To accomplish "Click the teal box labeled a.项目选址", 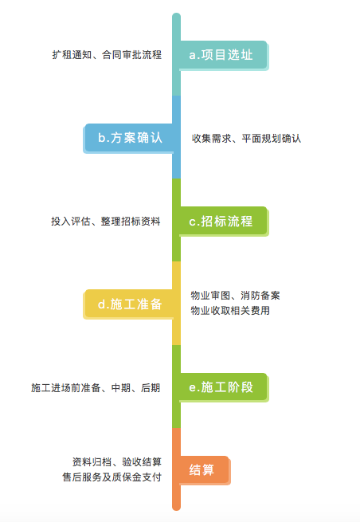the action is click(224, 55).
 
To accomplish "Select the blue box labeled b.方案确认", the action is click(128, 138).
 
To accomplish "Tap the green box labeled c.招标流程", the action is click(224, 222).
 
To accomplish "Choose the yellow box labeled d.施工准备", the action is click(128, 304).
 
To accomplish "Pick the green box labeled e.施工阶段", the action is click(224, 387).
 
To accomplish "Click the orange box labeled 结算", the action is click(205, 470).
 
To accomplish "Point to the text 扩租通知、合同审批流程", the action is click(107, 55).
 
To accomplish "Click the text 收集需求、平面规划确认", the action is click(247, 139).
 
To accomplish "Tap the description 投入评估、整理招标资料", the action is click(106, 222).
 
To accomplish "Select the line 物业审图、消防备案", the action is click(235, 296).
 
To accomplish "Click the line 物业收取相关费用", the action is click(230, 311).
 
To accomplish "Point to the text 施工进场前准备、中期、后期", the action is click(96, 388).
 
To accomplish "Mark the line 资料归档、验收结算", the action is click(117, 461).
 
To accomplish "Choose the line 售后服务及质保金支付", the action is click(112, 477).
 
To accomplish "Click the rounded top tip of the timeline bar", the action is click(176, 14).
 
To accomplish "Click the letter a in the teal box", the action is click(192, 56).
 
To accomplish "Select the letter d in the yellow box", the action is click(101, 304).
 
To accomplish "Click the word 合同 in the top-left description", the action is click(112, 55).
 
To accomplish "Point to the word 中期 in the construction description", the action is click(121, 388).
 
